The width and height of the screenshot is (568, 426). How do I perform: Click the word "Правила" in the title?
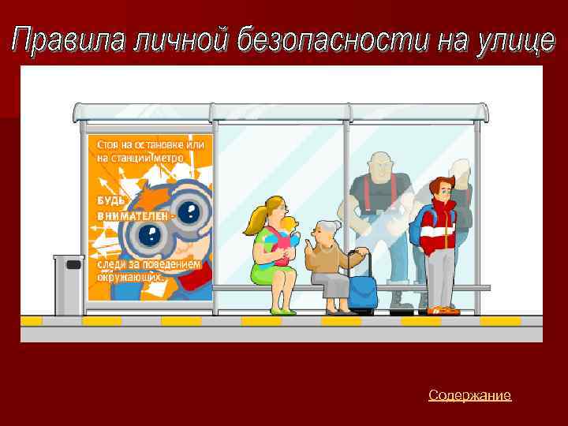coord(67,40)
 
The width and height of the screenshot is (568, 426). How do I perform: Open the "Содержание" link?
coord(469,395)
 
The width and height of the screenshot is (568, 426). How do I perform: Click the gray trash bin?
coord(69,284)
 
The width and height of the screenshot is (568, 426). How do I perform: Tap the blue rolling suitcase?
coord(363,290)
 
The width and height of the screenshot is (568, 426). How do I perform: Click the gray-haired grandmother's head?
coord(326,232)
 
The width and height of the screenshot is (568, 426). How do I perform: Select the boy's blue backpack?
coord(417,225)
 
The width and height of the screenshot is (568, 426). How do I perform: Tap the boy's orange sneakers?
coord(443,311)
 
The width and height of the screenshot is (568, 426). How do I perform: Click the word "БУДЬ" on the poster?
coord(111,200)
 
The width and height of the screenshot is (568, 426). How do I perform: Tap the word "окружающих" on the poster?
coord(130,278)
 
